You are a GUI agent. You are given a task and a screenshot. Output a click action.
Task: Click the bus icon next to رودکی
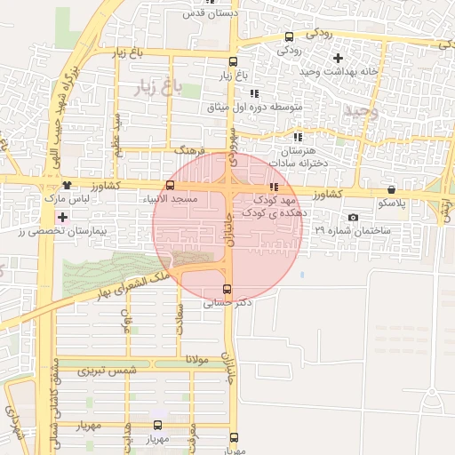[x=289, y=36]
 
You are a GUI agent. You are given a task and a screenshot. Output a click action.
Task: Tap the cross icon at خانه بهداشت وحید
[x=337, y=58]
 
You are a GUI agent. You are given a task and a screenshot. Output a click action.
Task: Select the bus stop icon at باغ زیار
[x=233, y=62]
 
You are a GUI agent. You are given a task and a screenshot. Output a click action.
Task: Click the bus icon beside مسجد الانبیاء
[x=170, y=185]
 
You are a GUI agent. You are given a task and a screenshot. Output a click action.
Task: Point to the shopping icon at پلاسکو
[x=391, y=189]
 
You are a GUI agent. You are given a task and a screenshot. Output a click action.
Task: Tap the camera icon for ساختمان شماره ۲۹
[x=353, y=218]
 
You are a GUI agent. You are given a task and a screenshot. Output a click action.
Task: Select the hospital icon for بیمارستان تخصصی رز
[x=61, y=217]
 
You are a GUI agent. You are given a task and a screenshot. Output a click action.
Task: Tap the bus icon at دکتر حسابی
[x=226, y=289]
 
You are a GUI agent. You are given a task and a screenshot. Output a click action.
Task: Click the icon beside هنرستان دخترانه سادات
[x=298, y=137]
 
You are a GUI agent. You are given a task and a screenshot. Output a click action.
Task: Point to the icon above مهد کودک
[x=274, y=187]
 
